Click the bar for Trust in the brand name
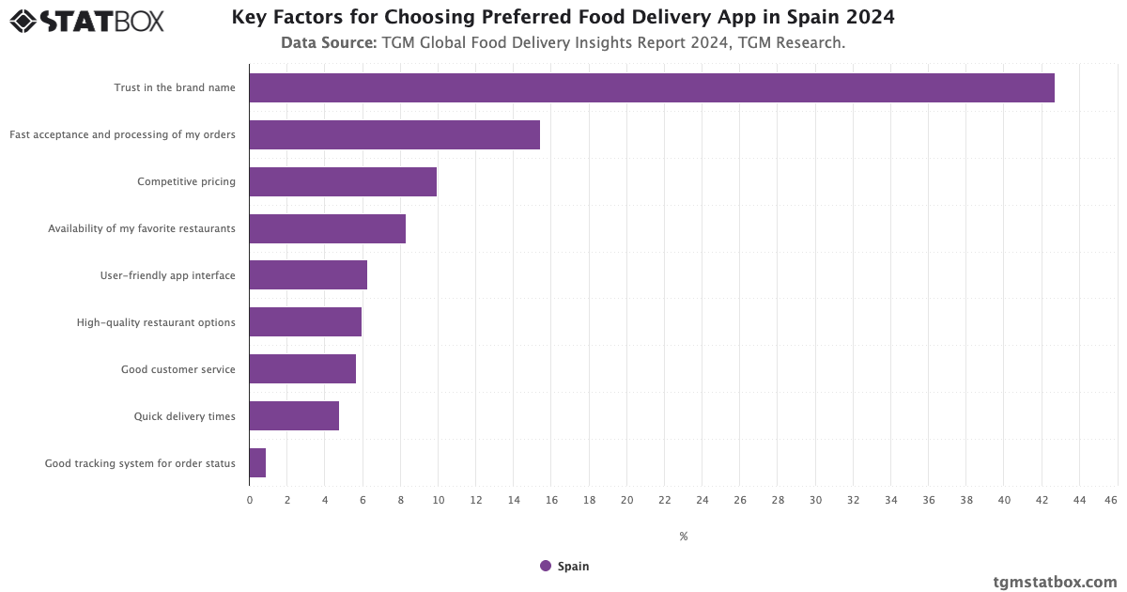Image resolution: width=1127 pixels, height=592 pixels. [x=651, y=87]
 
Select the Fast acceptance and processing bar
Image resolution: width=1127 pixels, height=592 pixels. [x=394, y=134]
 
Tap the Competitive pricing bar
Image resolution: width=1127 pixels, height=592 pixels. [x=343, y=181]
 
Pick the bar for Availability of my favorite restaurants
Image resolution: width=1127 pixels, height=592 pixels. [x=327, y=228]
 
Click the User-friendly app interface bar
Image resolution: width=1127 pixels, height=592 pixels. [x=308, y=275]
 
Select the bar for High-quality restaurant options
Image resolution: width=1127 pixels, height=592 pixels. [x=305, y=322]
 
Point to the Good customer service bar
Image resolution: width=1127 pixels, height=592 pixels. [x=302, y=369]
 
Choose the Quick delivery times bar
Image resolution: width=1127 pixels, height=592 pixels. [x=294, y=416]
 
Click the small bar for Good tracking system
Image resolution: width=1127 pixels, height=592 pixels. [x=257, y=463]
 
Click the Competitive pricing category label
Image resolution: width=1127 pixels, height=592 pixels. [x=186, y=181]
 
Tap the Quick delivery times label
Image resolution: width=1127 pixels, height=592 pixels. [x=184, y=416]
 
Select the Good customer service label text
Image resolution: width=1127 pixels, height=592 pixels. [x=178, y=369]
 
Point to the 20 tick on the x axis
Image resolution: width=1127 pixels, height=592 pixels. [x=626, y=500]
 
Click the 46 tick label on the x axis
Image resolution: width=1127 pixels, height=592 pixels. [x=1111, y=500]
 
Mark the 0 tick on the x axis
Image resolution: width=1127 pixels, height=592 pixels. [x=250, y=500]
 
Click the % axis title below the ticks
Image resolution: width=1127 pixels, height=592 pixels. [x=683, y=537]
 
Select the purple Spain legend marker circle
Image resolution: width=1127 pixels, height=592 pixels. [x=546, y=566]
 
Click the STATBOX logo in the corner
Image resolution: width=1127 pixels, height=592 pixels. [x=86, y=21]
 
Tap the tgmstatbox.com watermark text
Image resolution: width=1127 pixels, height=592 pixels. [x=1055, y=582]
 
